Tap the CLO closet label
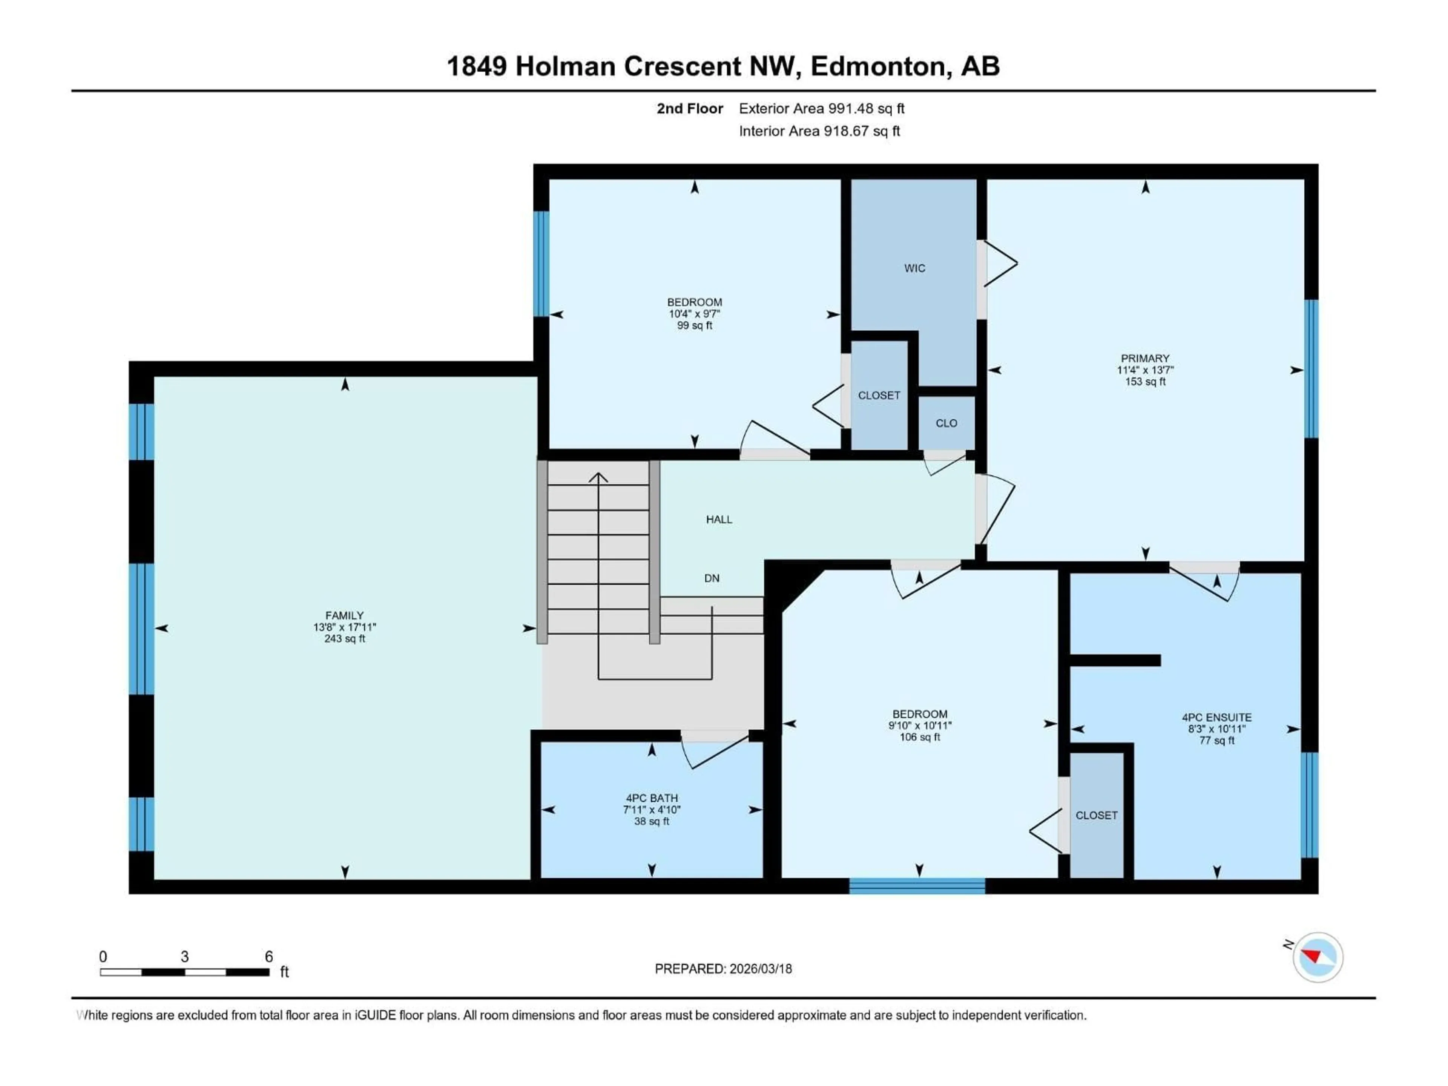coord(946,423)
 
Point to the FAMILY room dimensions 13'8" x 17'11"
coord(344,627)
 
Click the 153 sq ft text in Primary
coord(1145,382)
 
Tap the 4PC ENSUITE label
coord(1216,718)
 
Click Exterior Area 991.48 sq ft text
coord(822,109)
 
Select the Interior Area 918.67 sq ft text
coord(819,131)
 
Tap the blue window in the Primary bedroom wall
coord(1311,368)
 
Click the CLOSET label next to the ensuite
coord(1097,816)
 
